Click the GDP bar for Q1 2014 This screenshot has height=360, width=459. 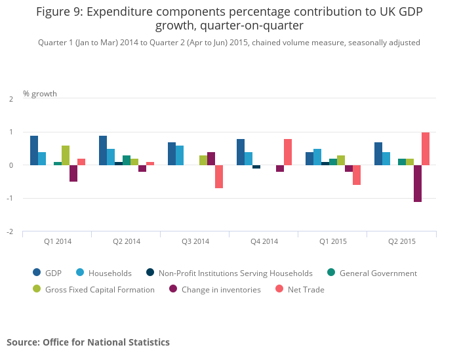(x=34, y=150)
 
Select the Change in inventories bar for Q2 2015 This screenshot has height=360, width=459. (x=418, y=184)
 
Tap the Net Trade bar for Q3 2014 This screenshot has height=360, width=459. (x=219, y=176)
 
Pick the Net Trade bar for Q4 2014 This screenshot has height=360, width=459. (x=288, y=152)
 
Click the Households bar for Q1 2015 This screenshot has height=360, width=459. (x=317, y=157)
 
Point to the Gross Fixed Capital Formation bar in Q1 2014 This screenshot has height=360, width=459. (x=66, y=155)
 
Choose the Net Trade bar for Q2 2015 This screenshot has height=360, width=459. (x=426, y=149)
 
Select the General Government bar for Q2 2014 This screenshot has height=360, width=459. (x=127, y=160)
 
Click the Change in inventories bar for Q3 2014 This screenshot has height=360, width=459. (x=211, y=159)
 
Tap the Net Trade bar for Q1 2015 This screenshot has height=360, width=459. (x=357, y=175)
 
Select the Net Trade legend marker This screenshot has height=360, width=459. (x=279, y=289)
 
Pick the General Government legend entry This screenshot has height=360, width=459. (x=378, y=273)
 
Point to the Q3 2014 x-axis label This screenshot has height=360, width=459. (x=195, y=241)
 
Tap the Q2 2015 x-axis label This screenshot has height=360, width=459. (x=402, y=241)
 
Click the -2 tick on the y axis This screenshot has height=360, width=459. (x=10, y=231)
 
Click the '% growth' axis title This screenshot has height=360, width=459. (x=40, y=93)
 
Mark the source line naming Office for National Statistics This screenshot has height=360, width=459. (x=88, y=342)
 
